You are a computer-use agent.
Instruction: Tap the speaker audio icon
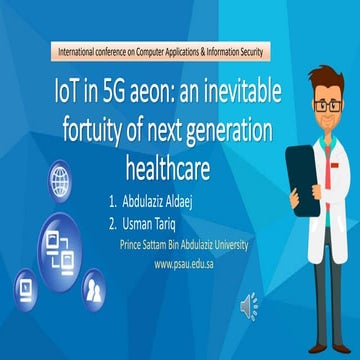tap(248, 306)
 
